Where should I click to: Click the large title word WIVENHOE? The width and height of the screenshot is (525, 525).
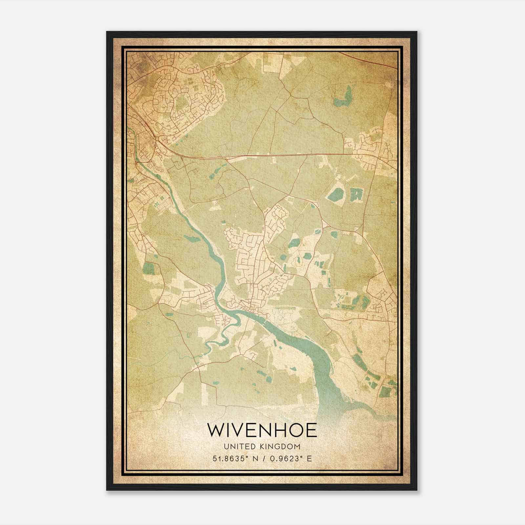262,430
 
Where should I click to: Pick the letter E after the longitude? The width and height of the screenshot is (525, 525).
309,458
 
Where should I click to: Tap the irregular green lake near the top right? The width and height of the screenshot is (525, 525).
343,97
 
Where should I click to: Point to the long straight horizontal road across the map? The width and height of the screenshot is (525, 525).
279,154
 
